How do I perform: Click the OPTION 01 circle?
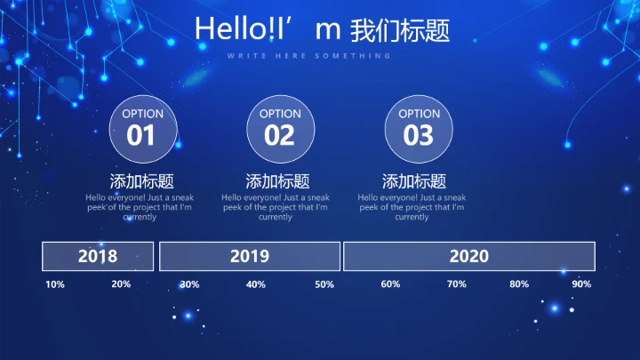pos(142,128)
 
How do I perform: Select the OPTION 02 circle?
pos(280,128)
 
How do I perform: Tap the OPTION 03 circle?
pos(419,128)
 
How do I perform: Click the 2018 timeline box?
pos(98,256)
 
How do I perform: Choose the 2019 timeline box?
pos(250,256)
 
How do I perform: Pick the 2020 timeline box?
pos(468,256)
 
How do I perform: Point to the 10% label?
pos(55,284)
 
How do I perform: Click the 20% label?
pos(121,284)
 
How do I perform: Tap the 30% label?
pos(189,284)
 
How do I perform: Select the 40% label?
pos(256,284)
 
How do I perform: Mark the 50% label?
pos(324,284)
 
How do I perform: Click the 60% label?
pos(390,284)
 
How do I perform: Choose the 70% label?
pos(457,284)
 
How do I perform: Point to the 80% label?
pos(519,284)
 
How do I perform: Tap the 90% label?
pos(581,284)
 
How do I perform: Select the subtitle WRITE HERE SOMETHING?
pos(308,56)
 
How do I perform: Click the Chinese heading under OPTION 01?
pos(141,180)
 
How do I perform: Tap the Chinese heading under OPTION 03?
pos(413,180)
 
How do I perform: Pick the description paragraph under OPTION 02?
pos(276,207)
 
